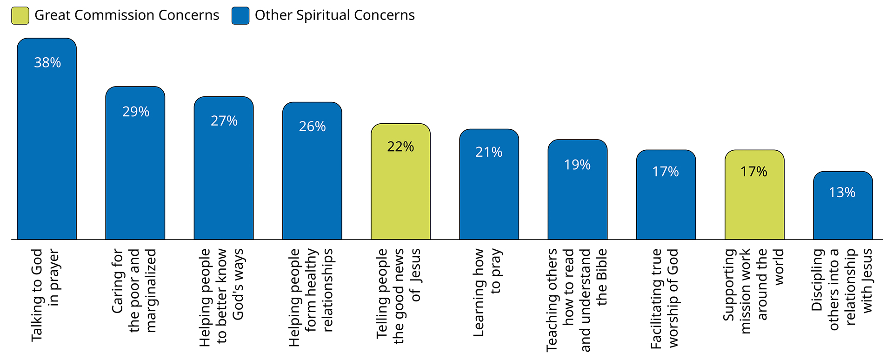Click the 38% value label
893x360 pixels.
[47, 63]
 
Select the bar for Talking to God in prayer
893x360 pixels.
[47, 149]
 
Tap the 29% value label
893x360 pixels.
[136, 112]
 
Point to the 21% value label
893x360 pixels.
[489, 152]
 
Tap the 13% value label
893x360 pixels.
[842, 193]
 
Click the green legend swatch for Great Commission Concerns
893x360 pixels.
[20, 15]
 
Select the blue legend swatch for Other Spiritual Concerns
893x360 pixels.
[240, 15]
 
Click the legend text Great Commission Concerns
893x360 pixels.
[127, 15]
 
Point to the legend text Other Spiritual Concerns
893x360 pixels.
[334, 15]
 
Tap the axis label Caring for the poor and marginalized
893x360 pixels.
[134, 291]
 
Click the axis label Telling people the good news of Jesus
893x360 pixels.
[399, 296]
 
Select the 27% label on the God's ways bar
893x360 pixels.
[224, 121]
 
